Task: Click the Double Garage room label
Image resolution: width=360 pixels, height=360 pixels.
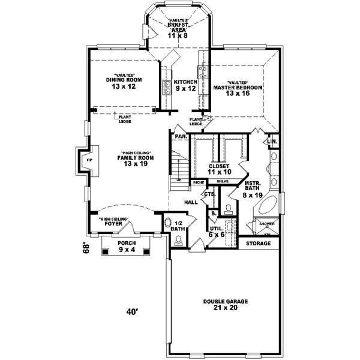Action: click(x=225, y=301)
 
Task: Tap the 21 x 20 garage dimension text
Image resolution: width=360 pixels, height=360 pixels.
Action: click(x=225, y=308)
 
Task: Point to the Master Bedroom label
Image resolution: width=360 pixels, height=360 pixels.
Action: click(x=238, y=88)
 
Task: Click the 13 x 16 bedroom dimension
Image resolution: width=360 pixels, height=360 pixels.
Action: click(x=238, y=94)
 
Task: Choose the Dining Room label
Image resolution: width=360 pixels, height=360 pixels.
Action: click(x=124, y=80)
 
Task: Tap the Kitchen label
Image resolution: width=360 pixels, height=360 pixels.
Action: click(x=185, y=82)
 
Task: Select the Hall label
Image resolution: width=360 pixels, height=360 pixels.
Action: click(x=191, y=203)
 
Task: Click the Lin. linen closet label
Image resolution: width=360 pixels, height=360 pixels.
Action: click(x=272, y=142)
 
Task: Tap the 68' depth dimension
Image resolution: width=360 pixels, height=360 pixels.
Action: click(x=87, y=248)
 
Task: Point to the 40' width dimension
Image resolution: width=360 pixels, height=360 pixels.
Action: click(x=132, y=311)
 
